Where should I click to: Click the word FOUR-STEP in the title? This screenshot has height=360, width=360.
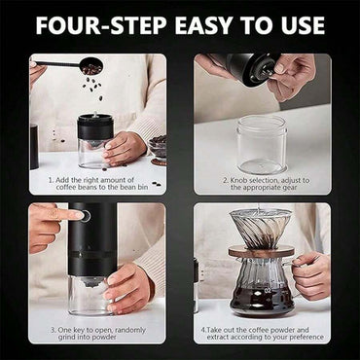tap(97, 23)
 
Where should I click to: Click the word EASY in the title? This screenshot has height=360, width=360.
tap(200, 23)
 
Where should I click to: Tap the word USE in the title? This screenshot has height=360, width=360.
tap(306, 23)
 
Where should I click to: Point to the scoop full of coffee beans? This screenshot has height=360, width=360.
tap(90, 67)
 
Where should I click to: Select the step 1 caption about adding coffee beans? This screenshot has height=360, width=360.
tap(97, 185)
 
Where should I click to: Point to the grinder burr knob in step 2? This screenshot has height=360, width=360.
tap(247, 68)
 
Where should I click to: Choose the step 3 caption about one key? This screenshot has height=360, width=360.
tap(97, 334)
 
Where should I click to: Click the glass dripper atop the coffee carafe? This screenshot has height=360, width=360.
tap(261, 229)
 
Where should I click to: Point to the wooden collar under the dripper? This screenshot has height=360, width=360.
tap(261, 252)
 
